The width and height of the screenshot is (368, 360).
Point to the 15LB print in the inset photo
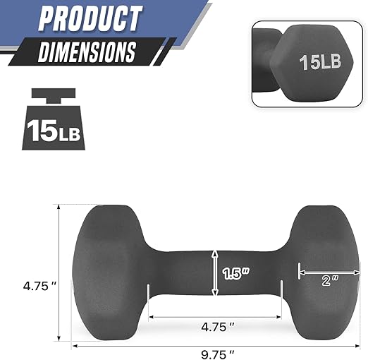(x=321, y=62)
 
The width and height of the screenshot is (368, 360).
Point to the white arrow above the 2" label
(x=329, y=270)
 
